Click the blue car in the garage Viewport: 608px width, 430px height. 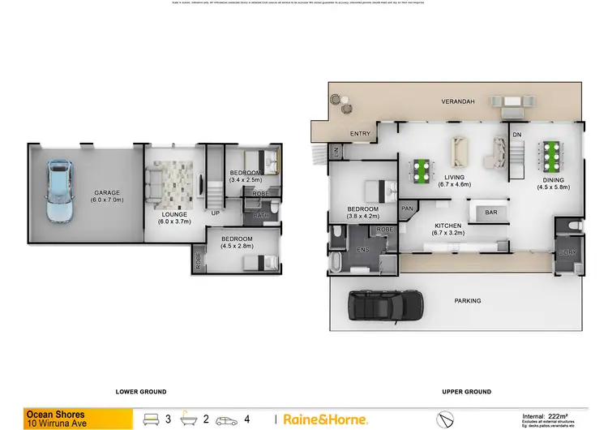(58, 191)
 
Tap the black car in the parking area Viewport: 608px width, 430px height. (385, 306)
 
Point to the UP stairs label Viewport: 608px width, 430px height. (215, 213)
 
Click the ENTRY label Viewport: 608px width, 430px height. (360, 133)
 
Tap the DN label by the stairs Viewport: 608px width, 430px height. (516, 134)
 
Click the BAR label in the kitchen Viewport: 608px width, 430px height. (490, 213)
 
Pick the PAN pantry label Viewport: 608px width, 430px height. (407, 209)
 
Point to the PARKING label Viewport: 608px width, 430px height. (468, 301)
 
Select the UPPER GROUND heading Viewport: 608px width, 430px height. (466, 392)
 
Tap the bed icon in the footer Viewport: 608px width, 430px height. (152, 419)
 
